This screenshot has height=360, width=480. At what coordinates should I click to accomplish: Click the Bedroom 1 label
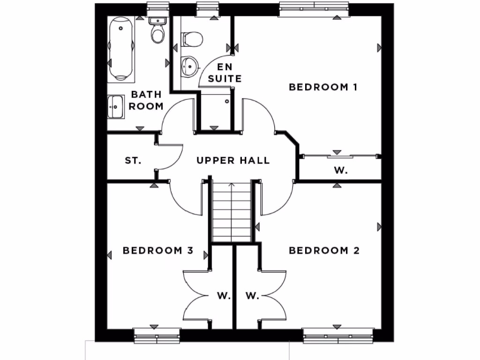click(323, 87)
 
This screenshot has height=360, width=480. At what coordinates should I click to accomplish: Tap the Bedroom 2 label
click(324, 251)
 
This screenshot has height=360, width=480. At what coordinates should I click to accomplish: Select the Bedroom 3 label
click(158, 251)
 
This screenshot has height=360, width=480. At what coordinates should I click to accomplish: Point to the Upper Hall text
click(233, 161)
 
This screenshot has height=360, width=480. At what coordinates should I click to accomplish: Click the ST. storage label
click(133, 161)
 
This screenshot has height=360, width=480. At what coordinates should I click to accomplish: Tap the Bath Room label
click(146, 100)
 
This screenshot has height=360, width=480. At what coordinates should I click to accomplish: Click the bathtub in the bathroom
click(121, 48)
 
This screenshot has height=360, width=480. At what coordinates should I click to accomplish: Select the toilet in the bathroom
click(157, 30)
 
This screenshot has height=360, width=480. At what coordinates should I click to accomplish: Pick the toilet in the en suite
click(192, 39)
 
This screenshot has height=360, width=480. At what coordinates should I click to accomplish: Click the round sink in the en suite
click(189, 66)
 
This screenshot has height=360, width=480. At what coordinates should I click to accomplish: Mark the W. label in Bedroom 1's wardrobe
click(341, 171)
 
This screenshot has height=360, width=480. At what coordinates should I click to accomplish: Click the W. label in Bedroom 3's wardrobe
click(224, 296)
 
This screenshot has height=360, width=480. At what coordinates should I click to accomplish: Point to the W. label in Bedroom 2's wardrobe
click(252, 296)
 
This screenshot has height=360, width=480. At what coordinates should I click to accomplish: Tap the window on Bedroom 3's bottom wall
click(157, 335)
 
